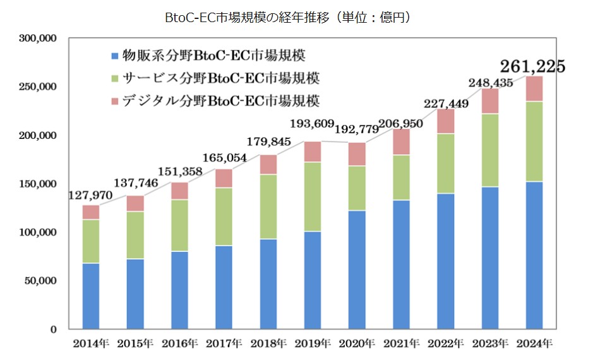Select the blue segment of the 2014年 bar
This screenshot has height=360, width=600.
click(x=90, y=296)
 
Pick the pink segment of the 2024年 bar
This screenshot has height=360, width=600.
click(x=534, y=88)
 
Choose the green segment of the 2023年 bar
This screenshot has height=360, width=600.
click(x=489, y=150)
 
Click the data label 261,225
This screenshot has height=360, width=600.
click(x=532, y=66)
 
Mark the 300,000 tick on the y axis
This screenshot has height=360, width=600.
click(x=39, y=39)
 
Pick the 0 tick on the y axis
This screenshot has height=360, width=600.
click(x=54, y=329)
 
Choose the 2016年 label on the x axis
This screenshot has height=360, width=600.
click(x=179, y=344)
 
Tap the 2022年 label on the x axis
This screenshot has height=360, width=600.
click(x=446, y=344)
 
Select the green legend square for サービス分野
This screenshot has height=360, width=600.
click(x=114, y=78)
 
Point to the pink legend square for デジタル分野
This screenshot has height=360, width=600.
click(x=114, y=101)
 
